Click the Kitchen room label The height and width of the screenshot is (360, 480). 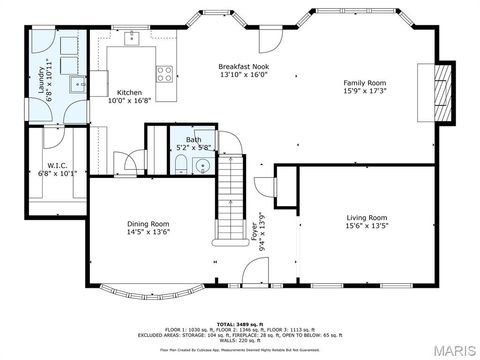pyautogui.click(x=130, y=91)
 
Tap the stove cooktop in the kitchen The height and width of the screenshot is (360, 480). pyautogui.click(x=165, y=72)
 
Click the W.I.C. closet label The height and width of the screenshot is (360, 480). pyautogui.click(x=56, y=165)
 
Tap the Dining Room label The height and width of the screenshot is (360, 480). pyautogui.click(x=147, y=223)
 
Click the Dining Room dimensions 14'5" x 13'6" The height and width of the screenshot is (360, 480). pyautogui.click(x=147, y=232)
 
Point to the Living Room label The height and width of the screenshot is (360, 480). pyautogui.click(x=366, y=217)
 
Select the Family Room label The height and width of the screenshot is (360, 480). pyautogui.click(x=364, y=83)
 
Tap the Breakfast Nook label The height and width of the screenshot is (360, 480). pyautogui.click(x=244, y=65)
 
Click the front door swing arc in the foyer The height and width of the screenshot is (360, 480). pyautogui.click(x=262, y=188)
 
